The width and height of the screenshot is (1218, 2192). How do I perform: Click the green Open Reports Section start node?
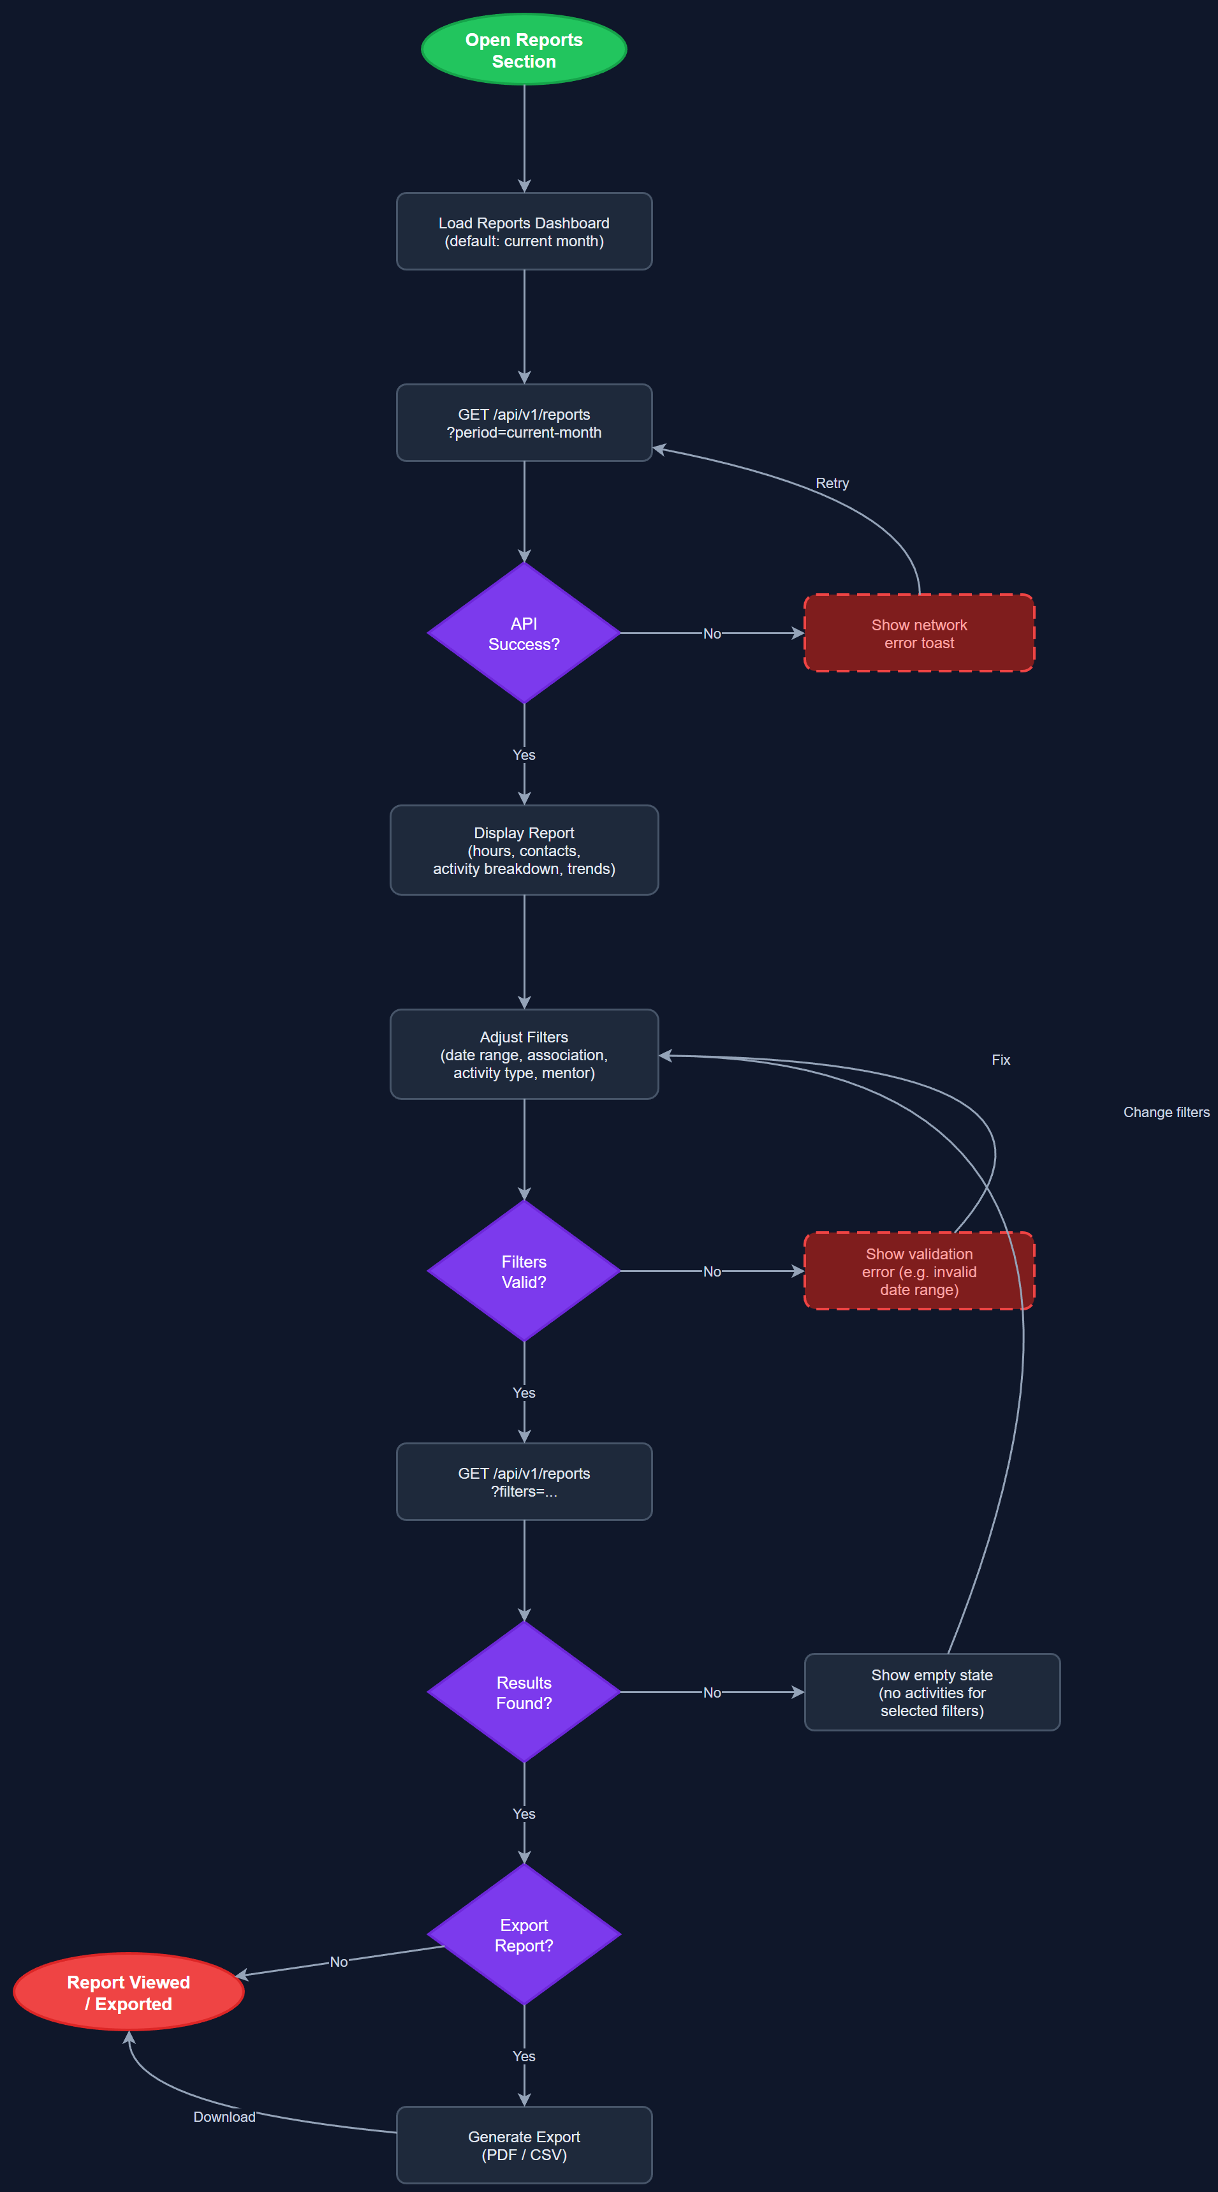click(524, 49)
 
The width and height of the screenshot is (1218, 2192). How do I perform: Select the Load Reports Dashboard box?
click(524, 232)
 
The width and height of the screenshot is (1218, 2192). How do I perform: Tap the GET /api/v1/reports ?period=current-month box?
click(524, 423)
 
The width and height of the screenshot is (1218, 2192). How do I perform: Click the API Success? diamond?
click(524, 633)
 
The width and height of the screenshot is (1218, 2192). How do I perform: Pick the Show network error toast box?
click(919, 633)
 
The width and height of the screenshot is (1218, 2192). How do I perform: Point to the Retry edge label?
click(832, 484)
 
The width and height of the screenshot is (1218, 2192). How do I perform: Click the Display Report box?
click(524, 850)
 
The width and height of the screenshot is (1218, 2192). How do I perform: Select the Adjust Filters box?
click(524, 1055)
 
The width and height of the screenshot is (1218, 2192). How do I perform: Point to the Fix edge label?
click(1001, 1060)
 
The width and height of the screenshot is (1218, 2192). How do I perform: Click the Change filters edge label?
click(1165, 1112)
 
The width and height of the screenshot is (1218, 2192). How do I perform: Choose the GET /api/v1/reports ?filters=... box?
click(524, 1481)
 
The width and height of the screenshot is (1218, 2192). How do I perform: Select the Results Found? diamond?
click(524, 1692)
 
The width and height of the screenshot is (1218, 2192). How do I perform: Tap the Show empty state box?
click(932, 1692)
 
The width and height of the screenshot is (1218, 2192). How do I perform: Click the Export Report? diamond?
click(524, 1934)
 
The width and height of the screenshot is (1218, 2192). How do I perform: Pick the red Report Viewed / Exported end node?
click(128, 1992)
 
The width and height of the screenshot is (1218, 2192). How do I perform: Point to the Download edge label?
click(224, 2116)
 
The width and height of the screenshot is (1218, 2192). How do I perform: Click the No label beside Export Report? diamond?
click(339, 1962)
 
